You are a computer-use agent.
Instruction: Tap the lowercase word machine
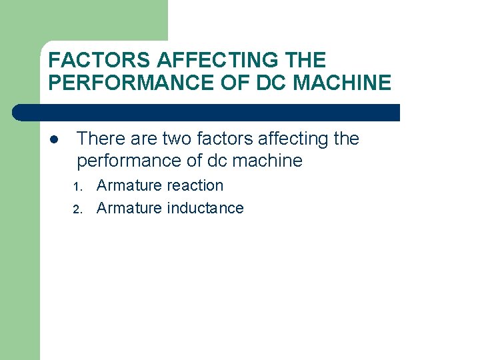coord(266,161)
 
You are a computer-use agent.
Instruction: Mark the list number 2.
coord(77,209)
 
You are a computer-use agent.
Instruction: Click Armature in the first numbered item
coord(129,186)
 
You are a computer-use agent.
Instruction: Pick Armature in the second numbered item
coord(129,209)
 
